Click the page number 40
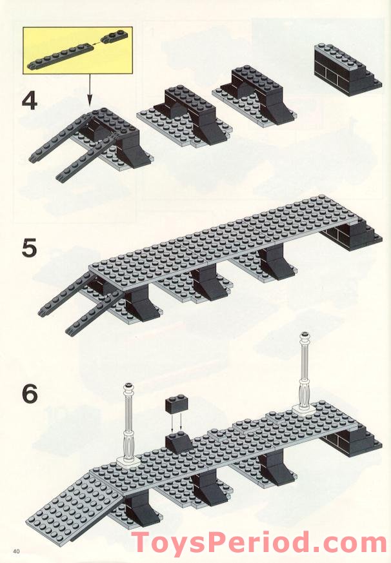pos(16,549)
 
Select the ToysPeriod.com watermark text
pos(258,541)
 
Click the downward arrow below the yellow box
pos(90,90)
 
